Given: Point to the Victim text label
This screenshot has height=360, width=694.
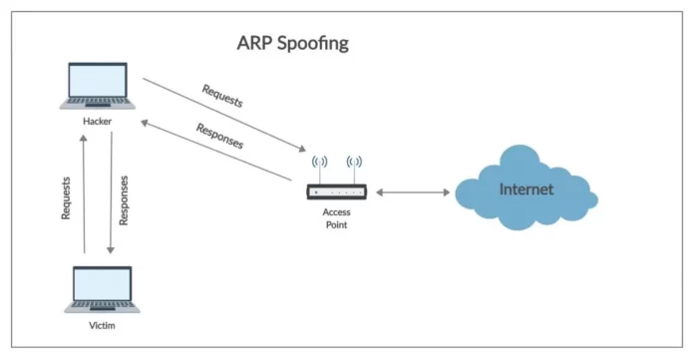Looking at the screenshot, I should [x=97, y=325].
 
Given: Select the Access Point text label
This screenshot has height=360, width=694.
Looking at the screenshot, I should [x=335, y=218].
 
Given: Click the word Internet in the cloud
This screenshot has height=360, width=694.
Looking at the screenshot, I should [x=525, y=187].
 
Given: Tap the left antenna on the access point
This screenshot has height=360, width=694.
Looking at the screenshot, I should [x=320, y=164].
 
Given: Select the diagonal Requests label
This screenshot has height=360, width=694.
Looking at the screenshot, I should [x=221, y=96].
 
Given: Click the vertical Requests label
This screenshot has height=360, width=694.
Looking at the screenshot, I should [x=67, y=199].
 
